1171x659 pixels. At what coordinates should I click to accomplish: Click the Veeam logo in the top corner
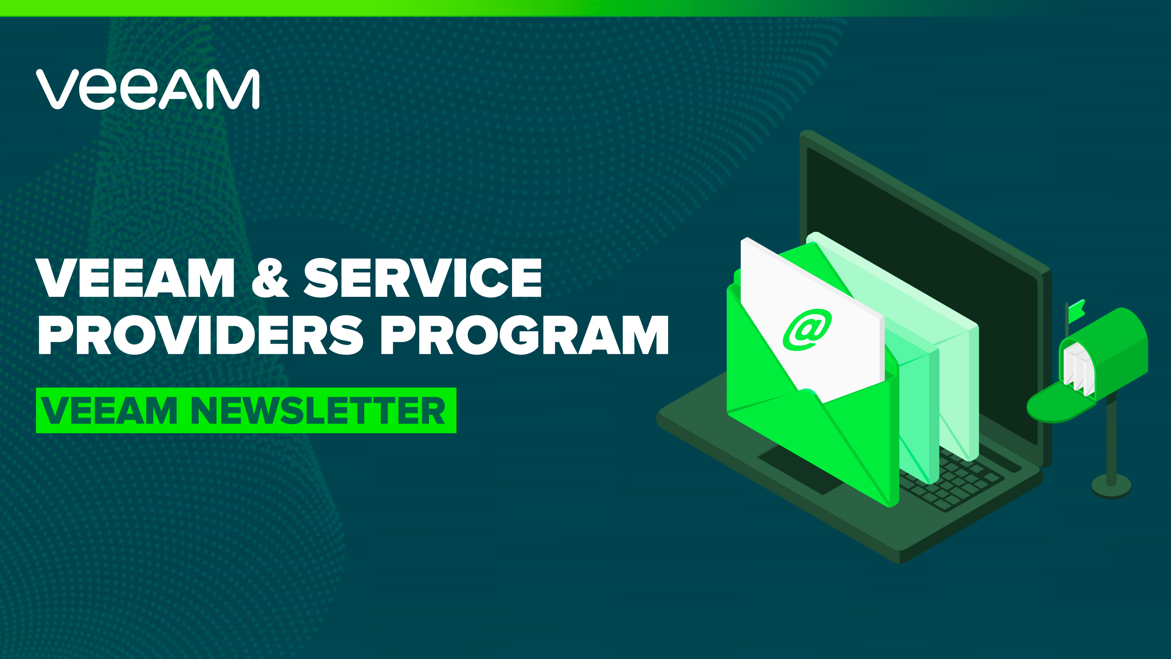click(x=148, y=89)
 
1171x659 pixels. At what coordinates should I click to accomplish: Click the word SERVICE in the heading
click(x=423, y=278)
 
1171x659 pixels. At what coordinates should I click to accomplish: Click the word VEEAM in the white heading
click(x=136, y=278)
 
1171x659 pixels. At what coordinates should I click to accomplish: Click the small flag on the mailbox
click(x=1076, y=311)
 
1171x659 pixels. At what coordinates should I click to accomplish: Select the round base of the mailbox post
click(x=1111, y=486)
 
